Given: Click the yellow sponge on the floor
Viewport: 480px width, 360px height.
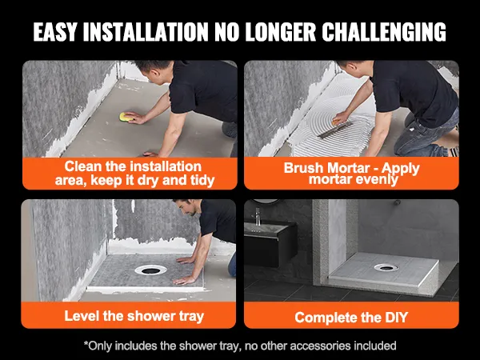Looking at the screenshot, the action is pyautogui.click(x=126, y=118).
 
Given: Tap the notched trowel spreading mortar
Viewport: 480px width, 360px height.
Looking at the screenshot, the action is pyautogui.click(x=334, y=130).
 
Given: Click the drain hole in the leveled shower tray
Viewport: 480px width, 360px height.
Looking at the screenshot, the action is pyautogui.click(x=151, y=270).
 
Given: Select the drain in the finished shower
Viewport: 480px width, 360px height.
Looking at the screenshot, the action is pyautogui.click(x=386, y=267).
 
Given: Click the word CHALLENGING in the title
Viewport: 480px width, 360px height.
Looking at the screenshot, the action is pyautogui.click(x=384, y=31).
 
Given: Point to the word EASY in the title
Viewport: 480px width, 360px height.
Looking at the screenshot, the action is pyautogui.click(x=55, y=31).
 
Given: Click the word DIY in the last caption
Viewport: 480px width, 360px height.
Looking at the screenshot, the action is pyautogui.click(x=397, y=318).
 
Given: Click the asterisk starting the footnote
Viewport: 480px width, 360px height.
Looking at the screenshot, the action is pyautogui.click(x=86, y=343).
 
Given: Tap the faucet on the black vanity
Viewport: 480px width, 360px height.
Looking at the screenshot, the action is pyautogui.click(x=258, y=217).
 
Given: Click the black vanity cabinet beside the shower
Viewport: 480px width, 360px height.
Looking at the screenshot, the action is pyautogui.click(x=270, y=244).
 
